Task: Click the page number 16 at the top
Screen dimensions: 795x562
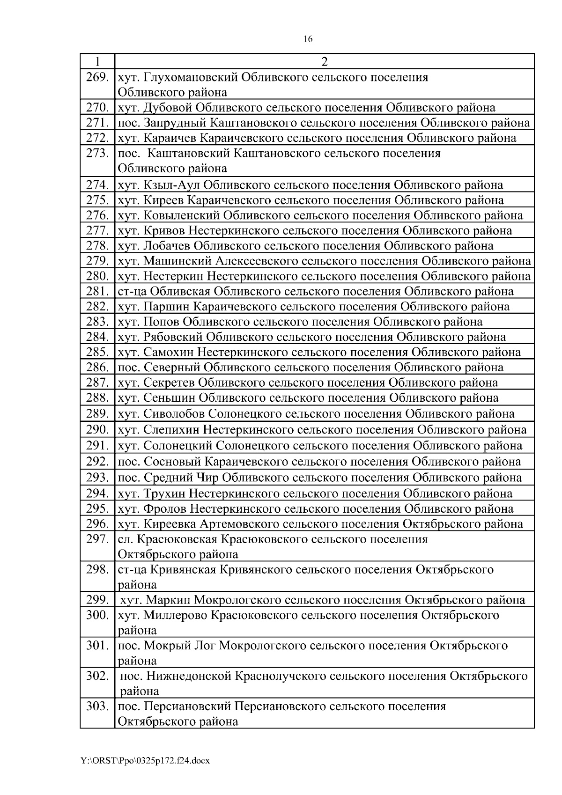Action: (x=308, y=39)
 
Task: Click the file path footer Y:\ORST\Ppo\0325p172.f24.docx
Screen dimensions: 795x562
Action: (x=145, y=761)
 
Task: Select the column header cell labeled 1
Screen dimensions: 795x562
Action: (x=97, y=62)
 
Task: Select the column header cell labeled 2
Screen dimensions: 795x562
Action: (x=324, y=62)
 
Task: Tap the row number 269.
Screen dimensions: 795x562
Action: (x=97, y=77)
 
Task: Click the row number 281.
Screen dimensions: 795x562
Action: (x=97, y=291)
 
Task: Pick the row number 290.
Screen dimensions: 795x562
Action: (x=97, y=429)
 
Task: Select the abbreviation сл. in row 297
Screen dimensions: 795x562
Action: (x=125, y=539)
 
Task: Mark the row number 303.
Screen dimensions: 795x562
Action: (x=97, y=706)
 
